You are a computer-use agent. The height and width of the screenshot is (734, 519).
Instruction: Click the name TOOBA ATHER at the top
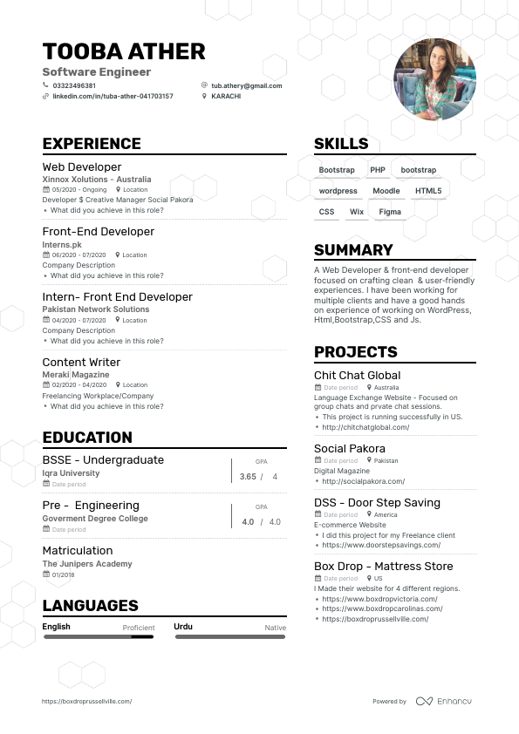coord(124,51)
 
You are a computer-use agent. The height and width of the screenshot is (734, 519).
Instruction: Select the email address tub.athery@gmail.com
coord(247,85)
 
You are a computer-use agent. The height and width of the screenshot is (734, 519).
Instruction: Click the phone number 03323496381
coord(74,85)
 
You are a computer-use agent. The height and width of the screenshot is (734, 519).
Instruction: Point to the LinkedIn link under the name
coord(113,96)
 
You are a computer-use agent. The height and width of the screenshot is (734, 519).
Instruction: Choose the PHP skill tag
coord(378,170)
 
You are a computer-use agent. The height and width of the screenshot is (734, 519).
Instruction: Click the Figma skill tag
coord(390,212)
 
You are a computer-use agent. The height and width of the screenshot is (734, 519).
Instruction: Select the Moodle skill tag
coord(386,191)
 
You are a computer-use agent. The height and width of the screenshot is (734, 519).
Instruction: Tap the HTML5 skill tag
coord(428,191)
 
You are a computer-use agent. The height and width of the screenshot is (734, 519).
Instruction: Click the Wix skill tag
coord(356,212)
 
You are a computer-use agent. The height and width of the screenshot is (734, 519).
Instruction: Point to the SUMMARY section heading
coord(353,250)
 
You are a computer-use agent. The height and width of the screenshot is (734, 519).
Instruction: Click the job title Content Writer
coord(82,362)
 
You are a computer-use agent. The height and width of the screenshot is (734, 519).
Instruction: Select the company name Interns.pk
coord(62,245)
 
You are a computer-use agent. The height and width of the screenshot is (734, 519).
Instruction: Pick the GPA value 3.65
coord(248,477)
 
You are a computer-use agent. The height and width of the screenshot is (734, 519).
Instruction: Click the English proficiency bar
coord(99,637)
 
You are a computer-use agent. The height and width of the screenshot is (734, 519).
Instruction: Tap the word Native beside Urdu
coord(276,628)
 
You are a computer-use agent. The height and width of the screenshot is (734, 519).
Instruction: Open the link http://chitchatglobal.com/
coord(365,427)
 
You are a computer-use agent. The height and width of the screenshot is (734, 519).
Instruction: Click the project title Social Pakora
coord(350,449)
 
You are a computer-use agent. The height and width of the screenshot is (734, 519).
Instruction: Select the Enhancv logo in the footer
coord(444,701)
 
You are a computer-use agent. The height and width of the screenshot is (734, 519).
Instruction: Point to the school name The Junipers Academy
coord(87,564)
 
